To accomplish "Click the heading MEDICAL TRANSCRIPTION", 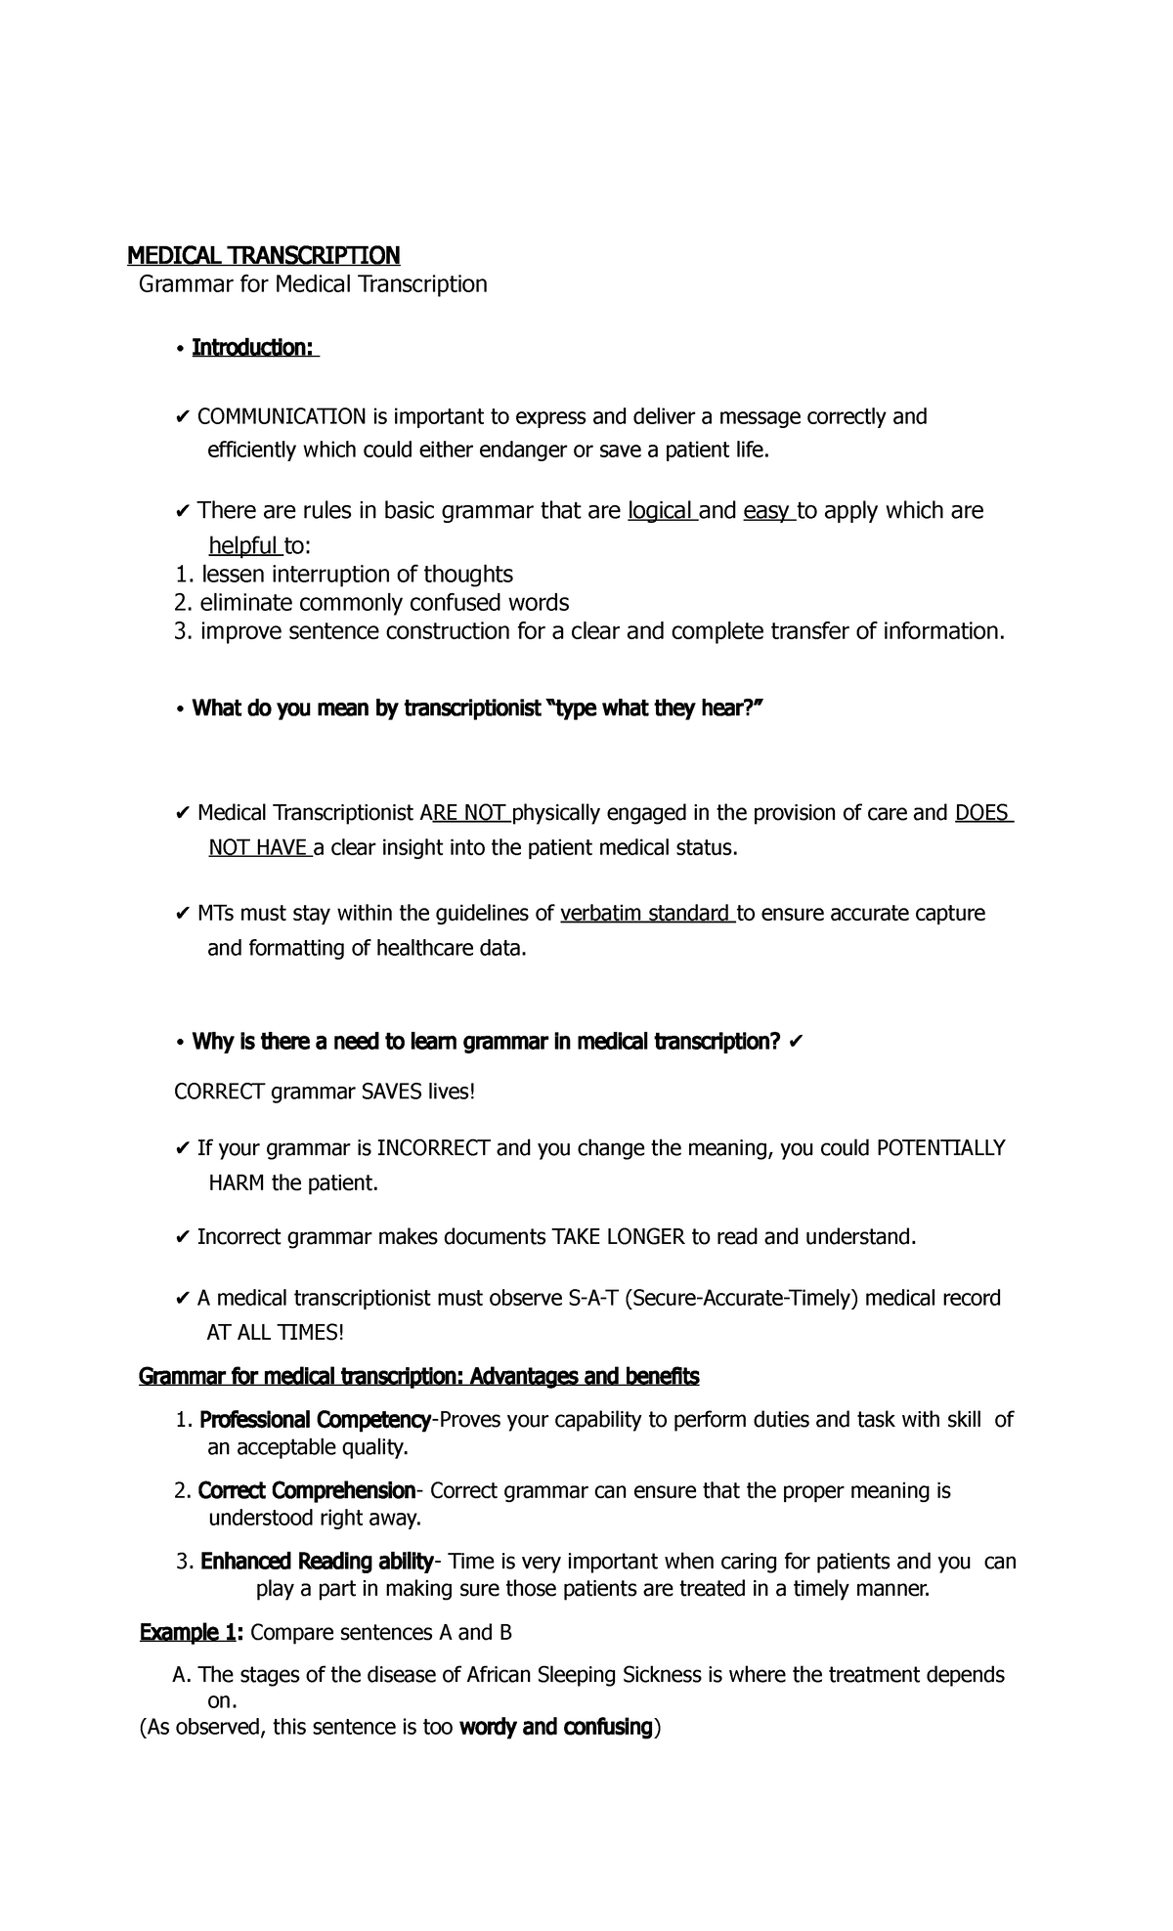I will coord(264,256).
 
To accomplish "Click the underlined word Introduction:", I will coord(254,348).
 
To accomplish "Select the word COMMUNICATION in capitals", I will coord(282,417).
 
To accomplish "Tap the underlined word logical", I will coord(661,511).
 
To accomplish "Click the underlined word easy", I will coord(767,511).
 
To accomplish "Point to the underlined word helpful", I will coord(244,545).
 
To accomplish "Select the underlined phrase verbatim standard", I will coord(646,914).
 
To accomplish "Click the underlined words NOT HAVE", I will coord(258,848).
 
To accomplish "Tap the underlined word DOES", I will coord(982,813).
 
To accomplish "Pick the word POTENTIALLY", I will coord(940,1148).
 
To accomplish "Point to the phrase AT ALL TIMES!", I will coord(276,1333).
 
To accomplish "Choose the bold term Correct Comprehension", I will coord(307,1491).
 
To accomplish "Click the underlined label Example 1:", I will coord(192,1633).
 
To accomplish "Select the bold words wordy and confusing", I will coord(555,1728).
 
